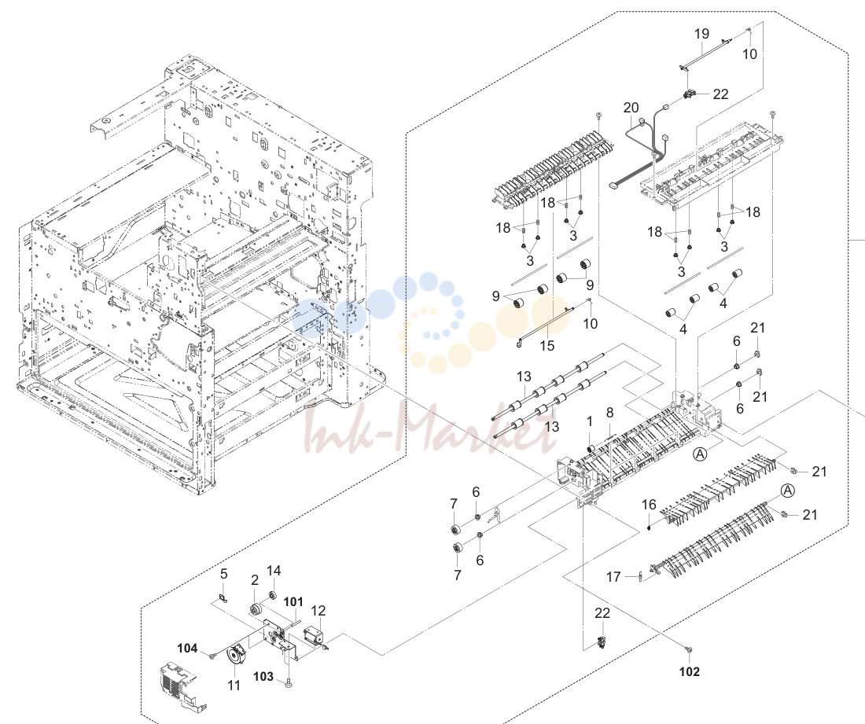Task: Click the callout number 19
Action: click(701, 34)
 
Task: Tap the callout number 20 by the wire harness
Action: click(631, 108)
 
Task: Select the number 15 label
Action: click(547, 346)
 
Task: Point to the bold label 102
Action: click(689, 671)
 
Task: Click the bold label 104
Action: click(188, 648)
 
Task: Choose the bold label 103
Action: click(263, 676)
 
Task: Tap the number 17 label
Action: click(613, 577)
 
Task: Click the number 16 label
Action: click(649, 505)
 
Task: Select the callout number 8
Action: click(609, 413)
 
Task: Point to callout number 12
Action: click(318, 611)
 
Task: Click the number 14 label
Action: click(274, 571)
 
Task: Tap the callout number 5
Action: click(223, 574)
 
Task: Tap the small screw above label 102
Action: click(689, 651)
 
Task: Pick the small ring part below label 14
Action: click(271, 594)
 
